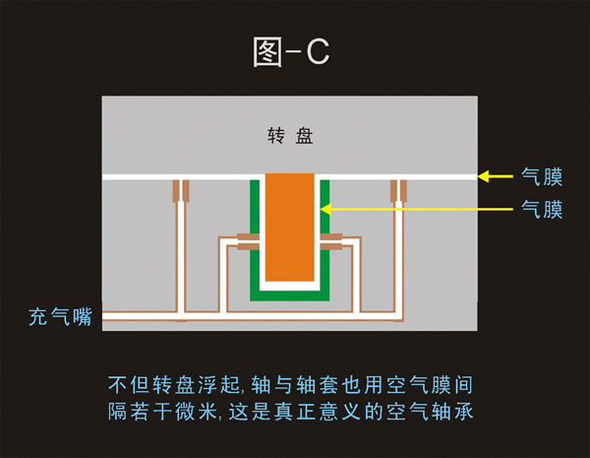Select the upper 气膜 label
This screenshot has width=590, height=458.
(x=542, y=177)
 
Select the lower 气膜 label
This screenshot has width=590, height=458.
(x=542, y=209)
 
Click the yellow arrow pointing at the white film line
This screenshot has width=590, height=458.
(x=497, y=177)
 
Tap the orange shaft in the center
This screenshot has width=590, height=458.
(x=290, y=227)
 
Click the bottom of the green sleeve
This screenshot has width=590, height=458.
(x=290, y=293)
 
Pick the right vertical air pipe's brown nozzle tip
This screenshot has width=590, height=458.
(x=399, y=191)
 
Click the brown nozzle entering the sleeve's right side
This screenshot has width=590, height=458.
(x=333, y=240)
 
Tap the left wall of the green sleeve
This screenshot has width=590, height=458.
(x=258, y=236)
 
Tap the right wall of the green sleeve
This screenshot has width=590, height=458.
(x=323, y=236)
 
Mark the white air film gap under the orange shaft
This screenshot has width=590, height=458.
(x=290, y=283)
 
